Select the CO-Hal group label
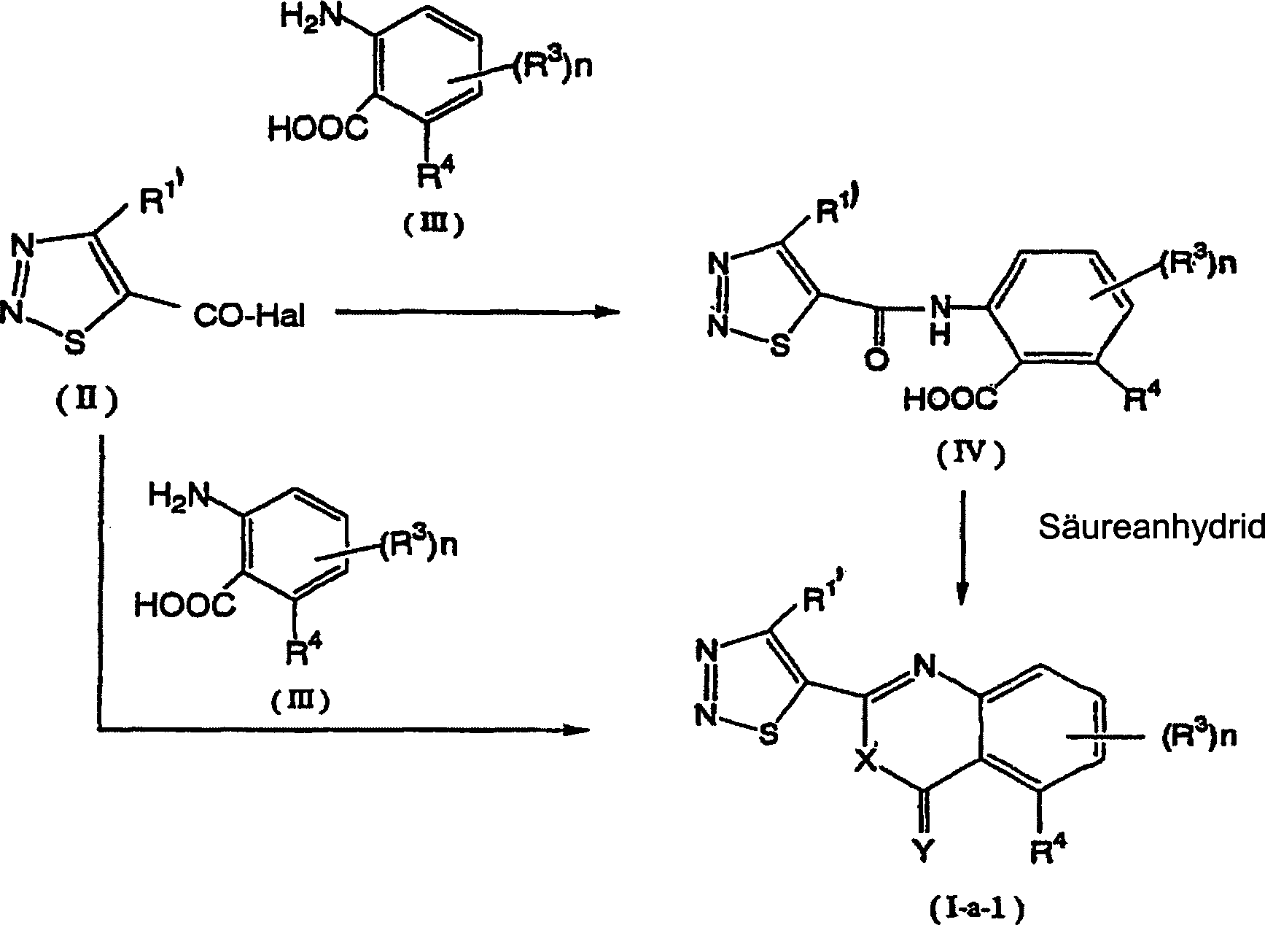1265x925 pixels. click(x=248, y=317)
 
